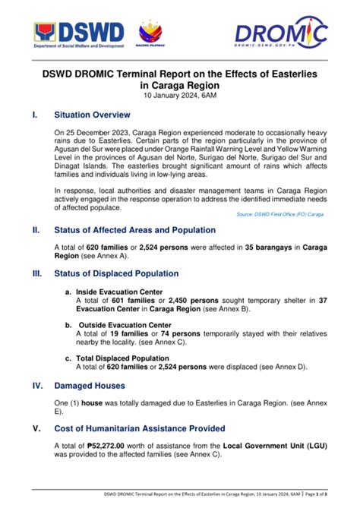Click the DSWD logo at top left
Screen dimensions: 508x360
pyautogui.click(x=79, y=33)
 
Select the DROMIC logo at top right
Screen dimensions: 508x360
pyautogui.click(x=281, y=32)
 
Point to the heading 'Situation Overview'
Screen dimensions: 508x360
pyautogui.click(x=92, y=115)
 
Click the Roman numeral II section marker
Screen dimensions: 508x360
pyautogui.click(x=35, y=229)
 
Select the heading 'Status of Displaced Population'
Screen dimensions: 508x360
pyautogui.click(x=116, y=273)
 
